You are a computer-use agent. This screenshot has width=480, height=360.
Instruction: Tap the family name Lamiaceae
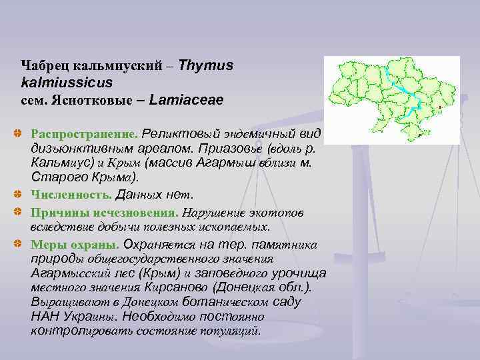[x=187, y=100]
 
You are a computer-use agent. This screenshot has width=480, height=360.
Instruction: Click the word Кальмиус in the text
[x=57, y=163]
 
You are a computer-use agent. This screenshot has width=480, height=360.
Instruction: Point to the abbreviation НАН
[x=44, y=317]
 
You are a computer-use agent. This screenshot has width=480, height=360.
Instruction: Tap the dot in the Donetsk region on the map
[x=441, y=107]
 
